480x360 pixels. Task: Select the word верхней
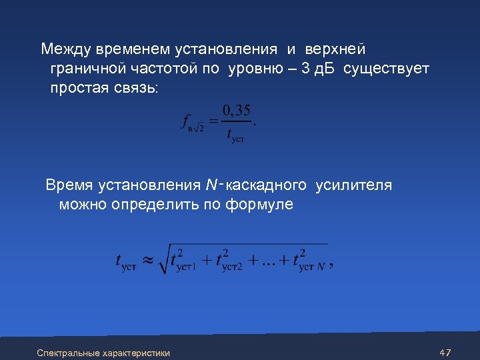pyautogui.click(x=335, y=49)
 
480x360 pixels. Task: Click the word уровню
pyautogui.click(x=256, y=69)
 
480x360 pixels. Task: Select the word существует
pyautogui.click(x=387, y=69)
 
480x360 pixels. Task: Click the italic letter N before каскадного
pyautogui.click(x=211, y=185)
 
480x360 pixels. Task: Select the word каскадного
pyautogui.click(x=267, y=185)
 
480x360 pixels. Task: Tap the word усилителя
pyautogui.click(x=353, y=185)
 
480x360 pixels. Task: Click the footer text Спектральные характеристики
pyautogui.click(x=103, y=353)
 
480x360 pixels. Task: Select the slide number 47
pyautogui.click(x=446, y=352)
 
